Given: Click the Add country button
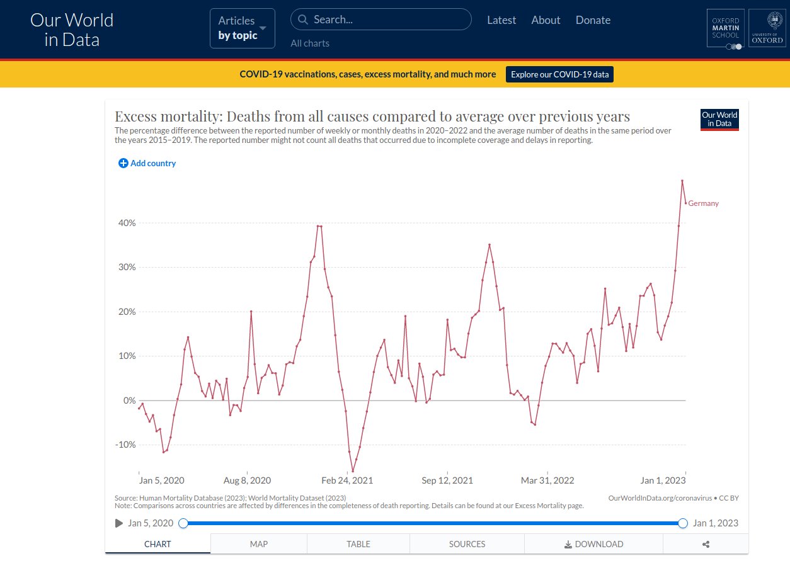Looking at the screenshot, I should [x=147, y=163].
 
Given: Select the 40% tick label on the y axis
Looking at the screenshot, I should [x=126, y=223].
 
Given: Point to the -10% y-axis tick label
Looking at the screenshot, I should [x=125, y=445].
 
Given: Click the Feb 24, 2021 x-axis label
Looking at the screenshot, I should [x=347, y=480].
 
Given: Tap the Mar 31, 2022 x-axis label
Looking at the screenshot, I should [x=547, y=480].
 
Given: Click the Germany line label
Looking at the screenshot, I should [x=703, y=203].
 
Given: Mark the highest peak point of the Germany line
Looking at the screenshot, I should [x=682, y=181].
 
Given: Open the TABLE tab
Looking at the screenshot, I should [x=358, y=544].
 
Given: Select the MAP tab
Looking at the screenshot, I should [x=258, y=544].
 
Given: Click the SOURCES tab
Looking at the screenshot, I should [x=467, y=544].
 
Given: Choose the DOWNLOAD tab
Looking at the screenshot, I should [x=593, y=544].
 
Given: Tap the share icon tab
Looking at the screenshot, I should [x=706, y=544].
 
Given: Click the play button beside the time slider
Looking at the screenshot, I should [x=119, y=523].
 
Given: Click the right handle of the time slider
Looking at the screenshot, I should [x=683, y=523].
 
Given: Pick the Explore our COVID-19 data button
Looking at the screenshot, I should [x=559, y=74].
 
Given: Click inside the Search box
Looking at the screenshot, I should [x=381, y=20].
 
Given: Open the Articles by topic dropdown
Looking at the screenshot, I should [x=243, y=28].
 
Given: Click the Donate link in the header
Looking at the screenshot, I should [x=593, y=20].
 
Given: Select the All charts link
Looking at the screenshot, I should [x=310, y=43].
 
